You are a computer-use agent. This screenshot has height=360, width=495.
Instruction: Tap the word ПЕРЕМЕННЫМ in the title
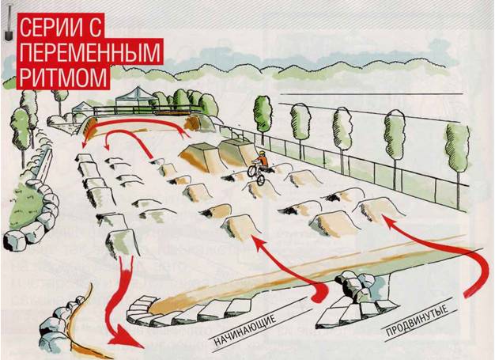90,51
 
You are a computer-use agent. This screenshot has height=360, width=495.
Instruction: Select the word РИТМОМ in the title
63,78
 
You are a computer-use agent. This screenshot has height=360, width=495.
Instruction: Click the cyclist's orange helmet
262,153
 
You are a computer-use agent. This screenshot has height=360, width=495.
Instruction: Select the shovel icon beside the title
8,24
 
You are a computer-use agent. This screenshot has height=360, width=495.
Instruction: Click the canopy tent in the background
136,97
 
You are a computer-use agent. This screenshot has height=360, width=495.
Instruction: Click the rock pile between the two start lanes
355,286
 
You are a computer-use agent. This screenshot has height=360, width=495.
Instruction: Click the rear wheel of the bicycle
251,170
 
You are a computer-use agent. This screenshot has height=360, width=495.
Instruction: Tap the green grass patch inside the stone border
26,205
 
